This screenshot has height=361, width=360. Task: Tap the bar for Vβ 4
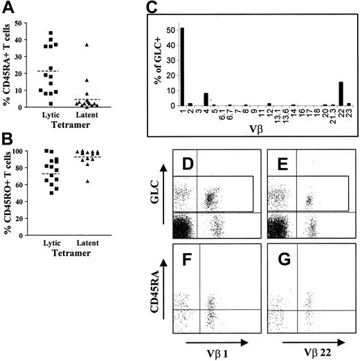pos(206,100)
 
